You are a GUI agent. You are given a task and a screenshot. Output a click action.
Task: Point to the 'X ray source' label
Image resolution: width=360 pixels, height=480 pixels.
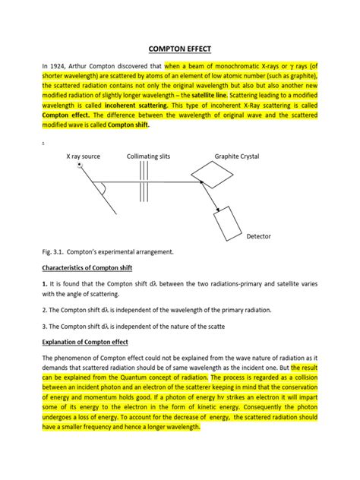[x=84, y=156]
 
